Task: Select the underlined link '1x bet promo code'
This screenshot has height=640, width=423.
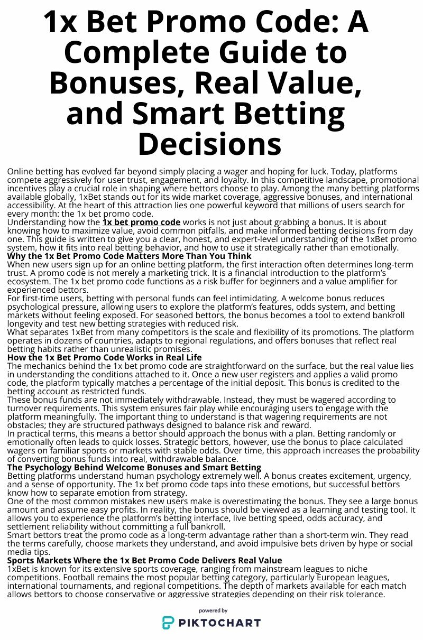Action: coord(141,222)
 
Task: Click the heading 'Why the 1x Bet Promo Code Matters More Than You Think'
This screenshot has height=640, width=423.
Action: coord(129,256)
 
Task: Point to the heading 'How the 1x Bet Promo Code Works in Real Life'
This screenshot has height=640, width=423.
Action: coord(104,358)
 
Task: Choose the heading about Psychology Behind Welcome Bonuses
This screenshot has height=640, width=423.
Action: coord(134,468)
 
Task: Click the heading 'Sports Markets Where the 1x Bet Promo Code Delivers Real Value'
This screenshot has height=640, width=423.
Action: coord(144,560)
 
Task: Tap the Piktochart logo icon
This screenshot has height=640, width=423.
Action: coord(168,623)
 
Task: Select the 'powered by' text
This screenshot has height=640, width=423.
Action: coord(213,610)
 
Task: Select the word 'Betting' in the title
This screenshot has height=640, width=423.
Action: coord(293,113)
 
